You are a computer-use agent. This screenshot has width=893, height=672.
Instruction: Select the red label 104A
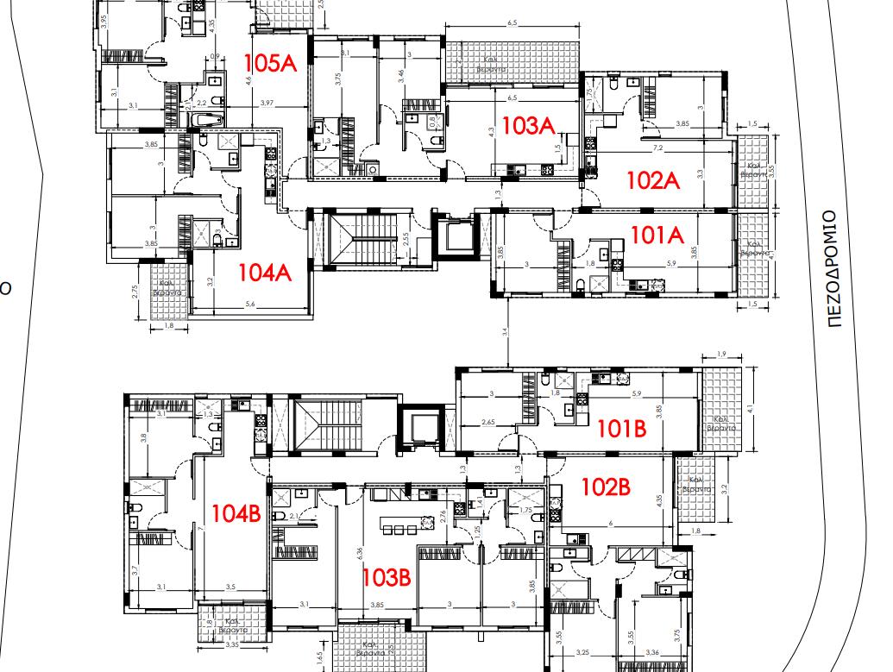265,273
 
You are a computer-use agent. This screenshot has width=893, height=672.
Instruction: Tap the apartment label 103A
527,126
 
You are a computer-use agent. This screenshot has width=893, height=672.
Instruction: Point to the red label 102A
654,180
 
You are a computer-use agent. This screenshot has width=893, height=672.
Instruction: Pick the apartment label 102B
606,487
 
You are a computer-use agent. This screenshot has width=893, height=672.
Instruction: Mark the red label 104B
236,513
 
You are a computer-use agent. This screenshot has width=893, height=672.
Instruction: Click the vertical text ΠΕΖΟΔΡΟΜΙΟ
833,268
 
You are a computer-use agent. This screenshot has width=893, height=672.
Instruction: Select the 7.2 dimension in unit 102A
657,149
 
